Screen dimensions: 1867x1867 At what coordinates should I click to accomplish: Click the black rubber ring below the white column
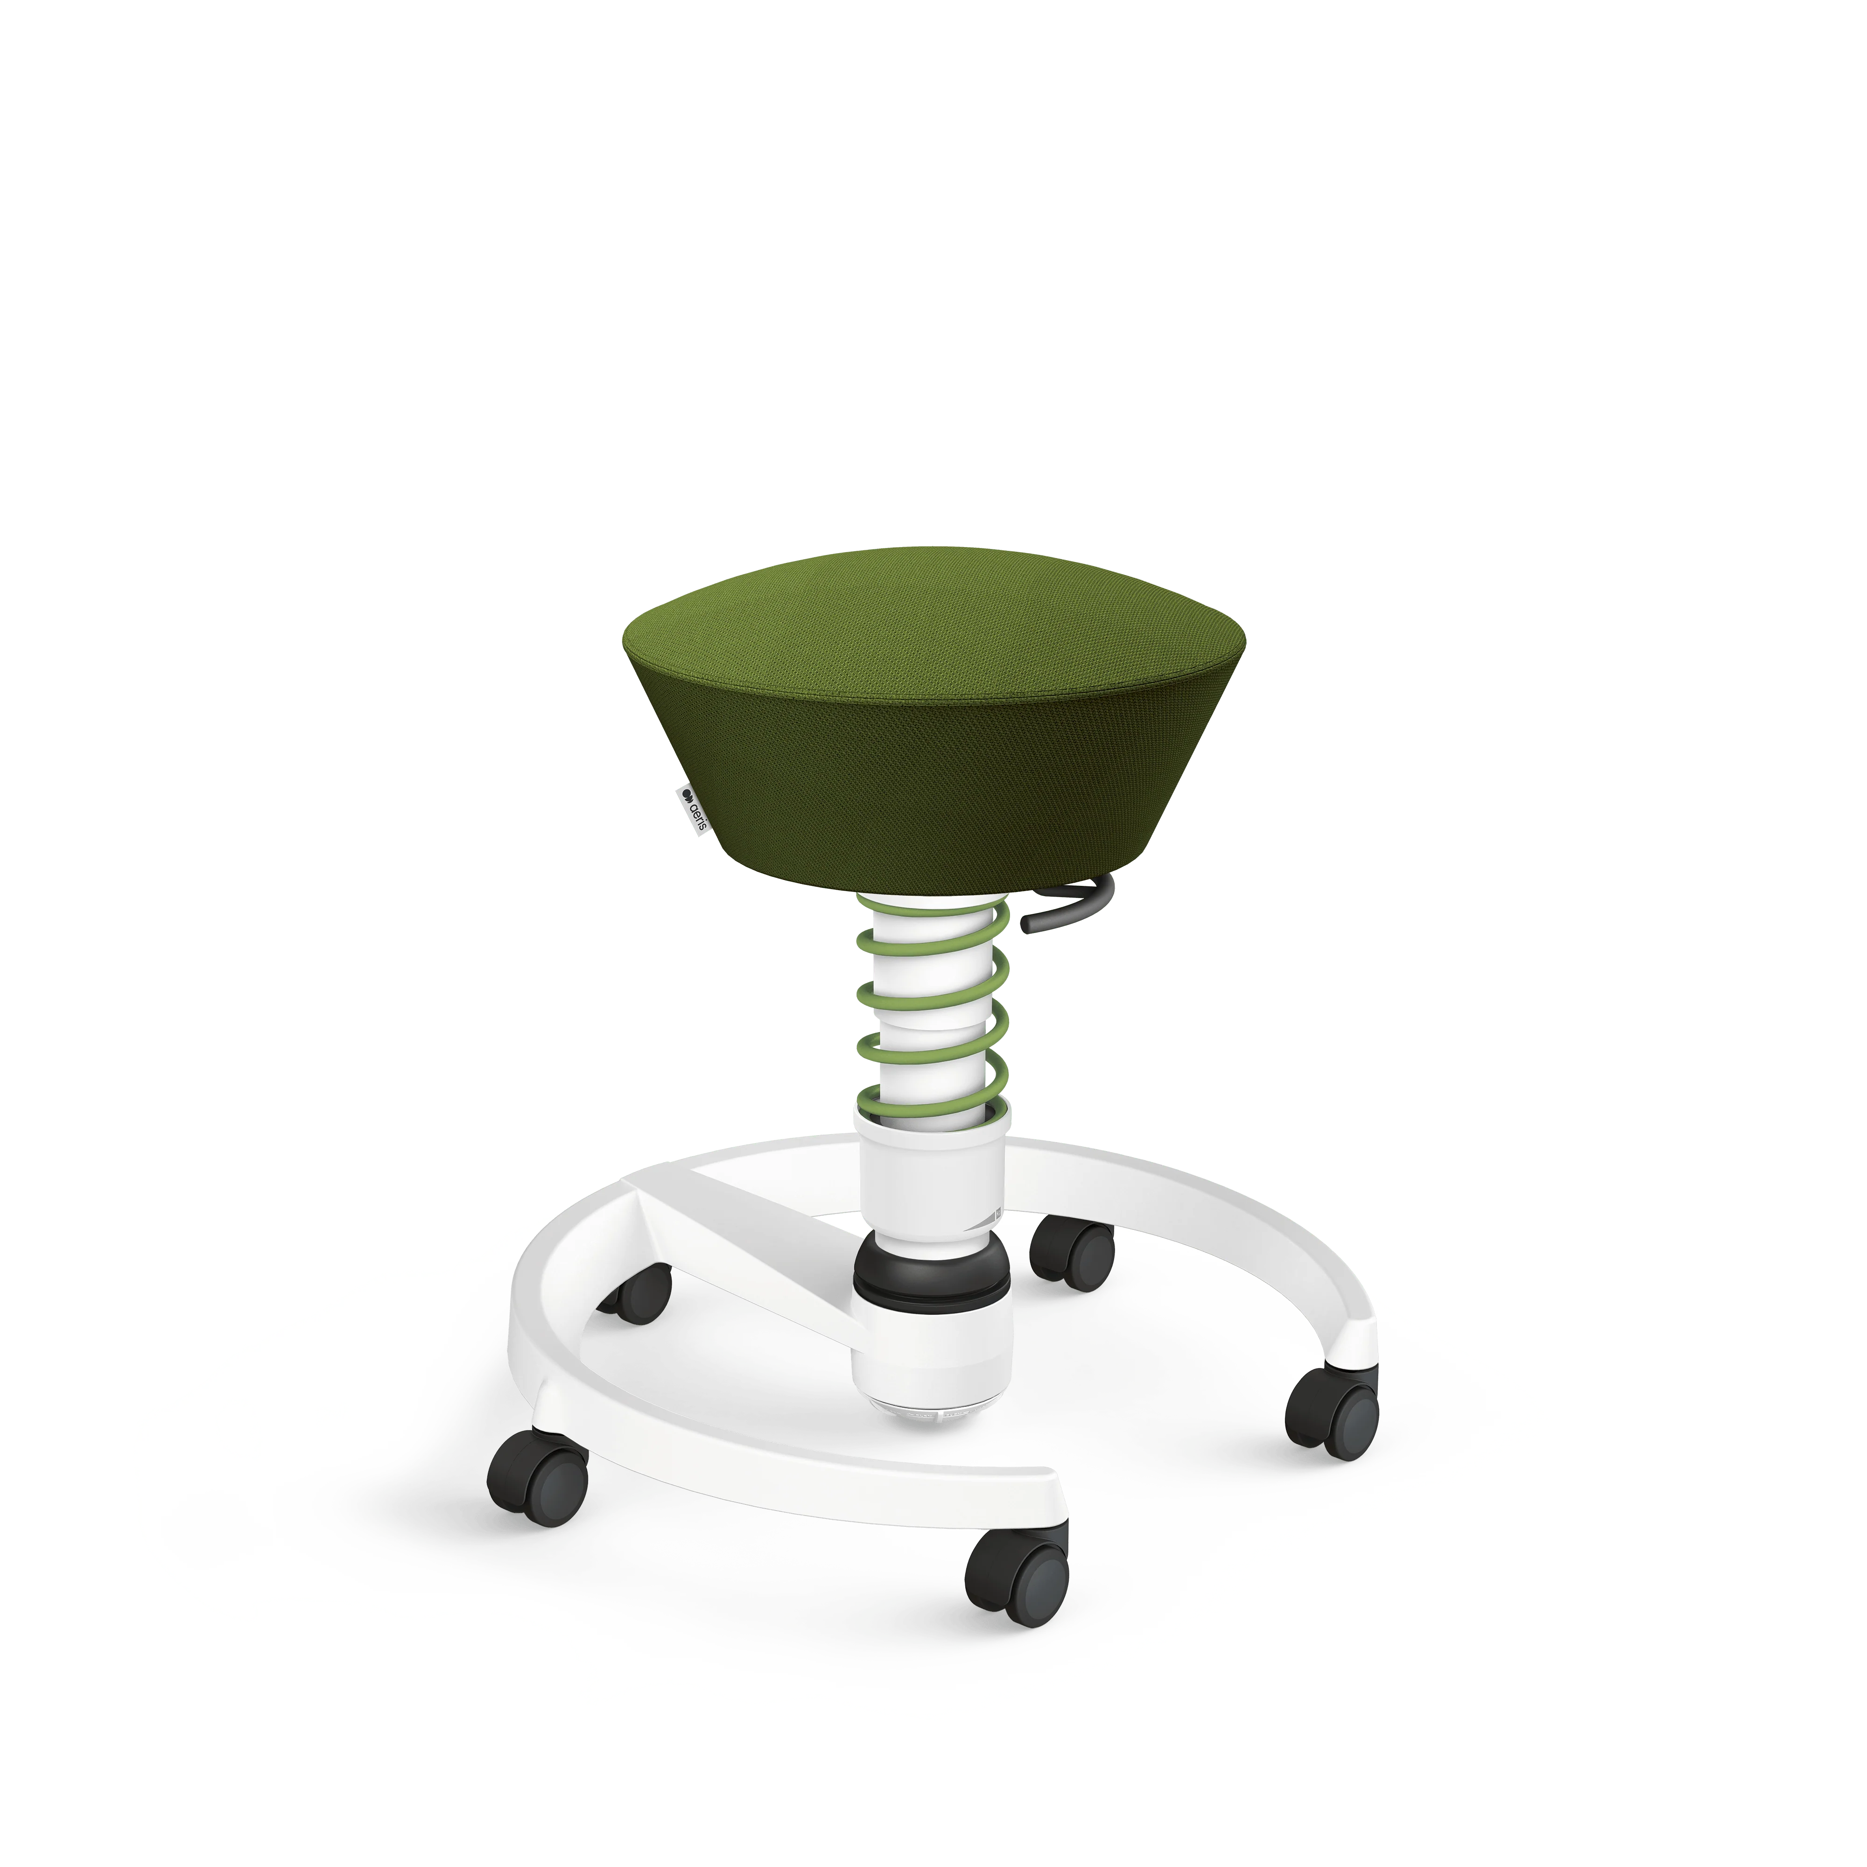pos(932,1274)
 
